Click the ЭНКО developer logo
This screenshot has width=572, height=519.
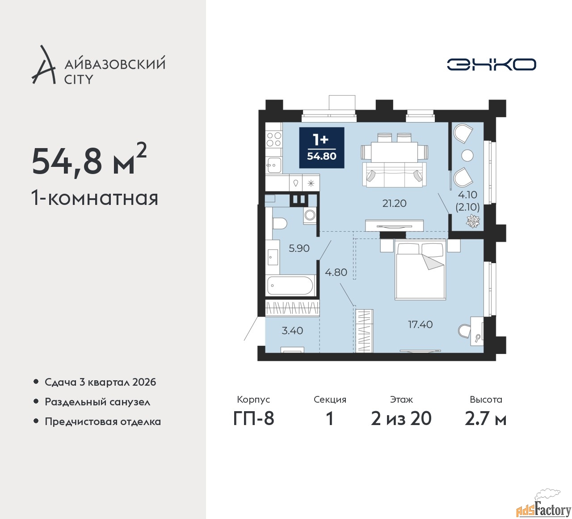[x=491, y=64]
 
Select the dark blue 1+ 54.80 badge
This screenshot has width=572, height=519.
[x=322, y=148]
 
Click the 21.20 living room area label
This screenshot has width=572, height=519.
[x=394, y=203]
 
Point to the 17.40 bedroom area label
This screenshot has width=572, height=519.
[x=421, y=324]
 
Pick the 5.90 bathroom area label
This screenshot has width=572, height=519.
[x=299, y=248]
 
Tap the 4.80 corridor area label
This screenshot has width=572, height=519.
[x=336, y=272]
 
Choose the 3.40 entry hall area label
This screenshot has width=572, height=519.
[x=292, y=331]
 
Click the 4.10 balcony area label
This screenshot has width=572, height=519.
[x=467, y=195]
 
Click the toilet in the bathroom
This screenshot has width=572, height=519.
[x=279, y=224]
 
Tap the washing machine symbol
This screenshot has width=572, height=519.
[x=310, y=215]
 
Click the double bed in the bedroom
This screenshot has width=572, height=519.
[x=420, y=269]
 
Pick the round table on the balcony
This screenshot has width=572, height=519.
[x=467, y=156]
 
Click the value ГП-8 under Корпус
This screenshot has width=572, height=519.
[x=253, y=419]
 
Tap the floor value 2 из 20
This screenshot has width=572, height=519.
[x=401, y=419]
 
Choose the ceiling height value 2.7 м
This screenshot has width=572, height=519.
[x=486, y=419]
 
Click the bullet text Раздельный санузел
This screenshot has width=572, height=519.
[x=97, y=402]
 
